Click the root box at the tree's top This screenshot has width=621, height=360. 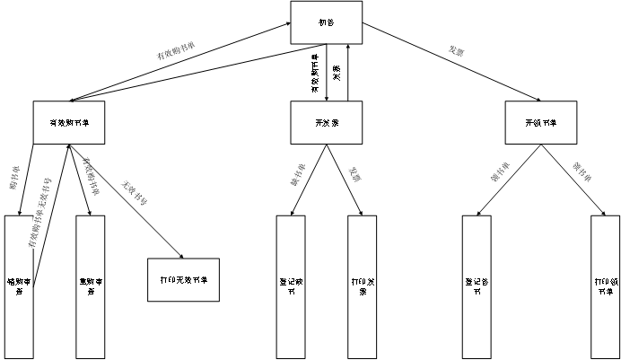pyautogui.click(x=327, y=22)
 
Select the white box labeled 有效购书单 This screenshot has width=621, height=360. pyautogui.click(x=69, y=122)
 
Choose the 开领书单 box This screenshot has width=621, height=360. pyautogui.click(x=540, y=122)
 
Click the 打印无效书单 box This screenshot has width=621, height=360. pyautogui.click(x=183, y=279)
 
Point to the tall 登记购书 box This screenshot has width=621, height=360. pyautogui.click(x=290, y=285)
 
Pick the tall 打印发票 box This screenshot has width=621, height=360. pyautogui.click(x=362, y=285)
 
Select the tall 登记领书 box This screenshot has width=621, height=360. pyautogui.click(x=477, y=285)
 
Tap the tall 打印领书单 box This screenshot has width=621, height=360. pyautogui.click(x=606, y=285)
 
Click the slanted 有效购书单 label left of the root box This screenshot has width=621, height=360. pyautogui.click(x=176, y=51)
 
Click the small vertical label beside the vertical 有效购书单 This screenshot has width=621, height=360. pyautogui.click(x=337, y=72)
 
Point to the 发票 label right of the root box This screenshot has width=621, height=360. pyautogui.click(x=457, y=52)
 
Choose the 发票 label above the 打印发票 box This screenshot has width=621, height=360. pyautogui.click(x=355, y=174)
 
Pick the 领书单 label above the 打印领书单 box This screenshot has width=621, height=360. pyautogui.click(x=582, y=171)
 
